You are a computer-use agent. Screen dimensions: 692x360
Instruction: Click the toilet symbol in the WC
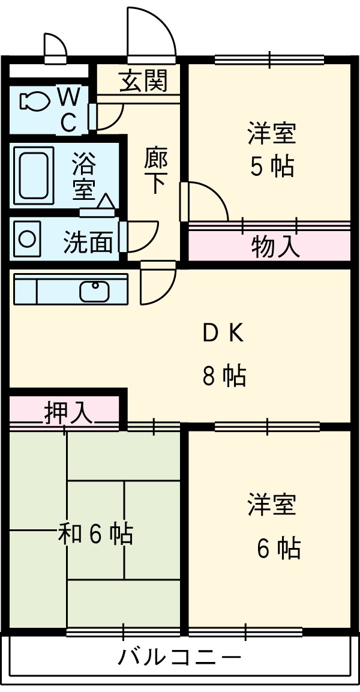click(34, 101)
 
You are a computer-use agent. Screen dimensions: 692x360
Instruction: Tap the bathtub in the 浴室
click(35, 173)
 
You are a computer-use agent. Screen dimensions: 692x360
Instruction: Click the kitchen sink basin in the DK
click(95, 291)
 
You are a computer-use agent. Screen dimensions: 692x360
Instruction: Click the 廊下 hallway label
click(156, 170)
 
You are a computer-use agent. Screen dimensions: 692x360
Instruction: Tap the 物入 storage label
click(275, 247)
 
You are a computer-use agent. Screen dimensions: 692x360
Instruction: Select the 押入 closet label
click(68, 412)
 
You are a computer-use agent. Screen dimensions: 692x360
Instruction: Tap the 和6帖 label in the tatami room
click(95, 533)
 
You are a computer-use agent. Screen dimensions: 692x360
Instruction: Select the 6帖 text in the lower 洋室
click(278, 547)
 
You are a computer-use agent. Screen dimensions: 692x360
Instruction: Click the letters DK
click(223, 334)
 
